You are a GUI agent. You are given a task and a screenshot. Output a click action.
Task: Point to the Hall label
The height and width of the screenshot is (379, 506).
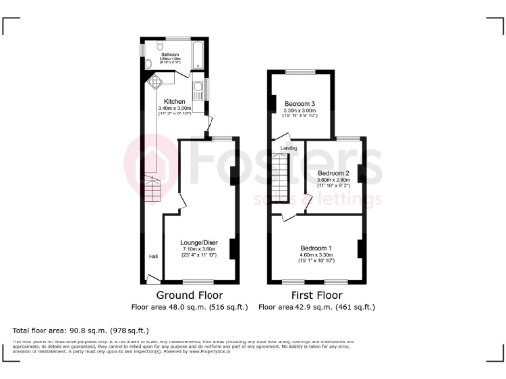pyautogui.click(x=153, y=257)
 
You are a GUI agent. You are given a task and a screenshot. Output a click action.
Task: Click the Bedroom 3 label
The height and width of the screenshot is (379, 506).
pyautogui.click(x=300, y=104)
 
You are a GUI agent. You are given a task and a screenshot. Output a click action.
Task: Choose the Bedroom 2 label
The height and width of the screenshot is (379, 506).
pyautogui.click(x=333, y=173)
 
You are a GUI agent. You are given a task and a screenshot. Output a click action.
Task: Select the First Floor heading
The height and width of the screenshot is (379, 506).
pyautogui.click(x=317, y=294)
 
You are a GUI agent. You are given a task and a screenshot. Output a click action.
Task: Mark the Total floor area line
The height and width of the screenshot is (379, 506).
pyautogui.click(x=80, y=328)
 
